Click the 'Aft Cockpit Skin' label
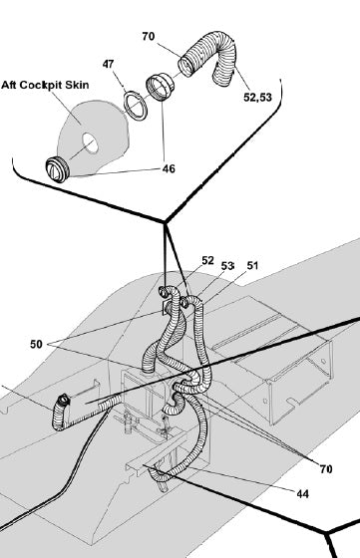[x=45, y=85]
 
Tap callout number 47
[x=109, y=64]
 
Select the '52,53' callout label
[x=257, y=97]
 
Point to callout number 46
[x=169, y=168]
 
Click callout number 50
[x=36, y=344]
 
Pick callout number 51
[x=252, y=265]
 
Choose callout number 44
[x=302, y=493]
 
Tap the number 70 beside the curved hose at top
[x=149, y=36]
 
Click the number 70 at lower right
[x=326, y=469]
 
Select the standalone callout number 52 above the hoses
[x=208, y=260]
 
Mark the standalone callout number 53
[x=227, y=266]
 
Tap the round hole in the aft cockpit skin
[x=90, y=143]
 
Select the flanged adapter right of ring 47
[x=161, y=87]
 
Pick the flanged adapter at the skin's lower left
[x=58, y=169]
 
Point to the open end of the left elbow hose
[x=64, y=400]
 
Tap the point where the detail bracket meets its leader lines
[x=165, y=222]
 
